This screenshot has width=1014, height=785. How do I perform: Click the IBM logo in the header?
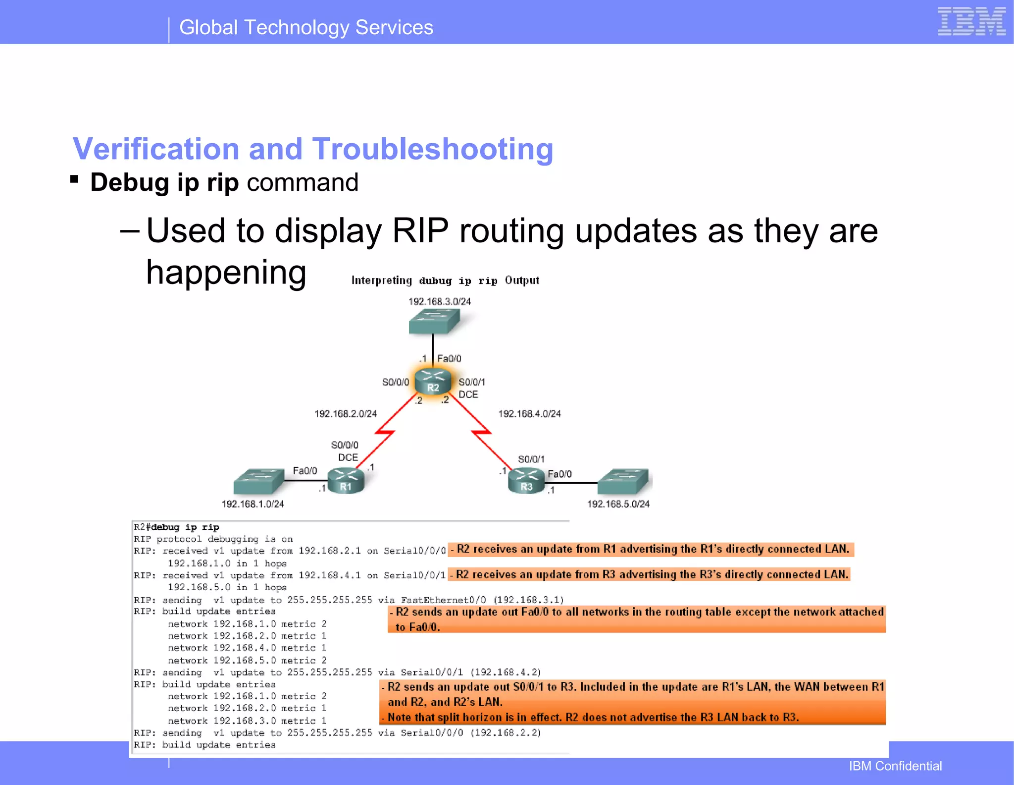(971, 21)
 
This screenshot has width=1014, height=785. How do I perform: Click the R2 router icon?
(433, 382)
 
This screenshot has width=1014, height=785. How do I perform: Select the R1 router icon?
(346, 481)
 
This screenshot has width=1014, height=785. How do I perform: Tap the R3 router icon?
(526, 481)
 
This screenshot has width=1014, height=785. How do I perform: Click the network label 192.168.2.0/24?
(346, 413)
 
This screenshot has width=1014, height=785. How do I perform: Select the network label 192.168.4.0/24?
(529, 413)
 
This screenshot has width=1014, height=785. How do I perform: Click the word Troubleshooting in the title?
(433, 149)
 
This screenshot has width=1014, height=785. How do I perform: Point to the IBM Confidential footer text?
(895, 766)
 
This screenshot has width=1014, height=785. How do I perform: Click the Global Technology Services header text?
(306, 28)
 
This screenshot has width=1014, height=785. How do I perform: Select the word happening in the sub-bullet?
(226, 273)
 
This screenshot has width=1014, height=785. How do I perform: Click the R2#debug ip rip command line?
(176, 527)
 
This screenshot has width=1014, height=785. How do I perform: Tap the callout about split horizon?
(593, 717)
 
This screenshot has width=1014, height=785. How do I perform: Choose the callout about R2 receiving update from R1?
(651, 550)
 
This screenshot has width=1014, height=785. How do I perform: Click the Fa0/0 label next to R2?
(449, 358)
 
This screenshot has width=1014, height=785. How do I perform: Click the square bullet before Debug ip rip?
(74, 179)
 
